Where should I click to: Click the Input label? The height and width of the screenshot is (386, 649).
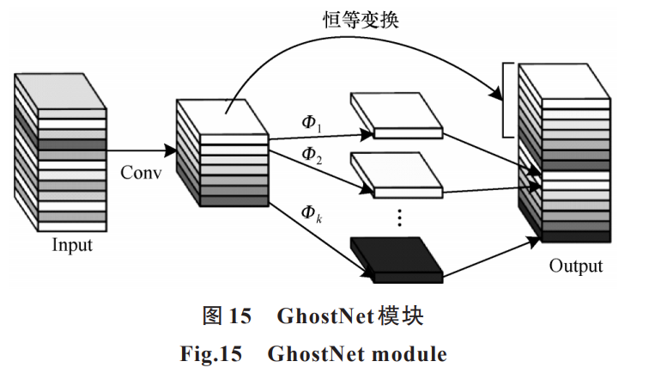pos(72,246)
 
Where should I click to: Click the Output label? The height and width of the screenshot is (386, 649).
pos(576,266)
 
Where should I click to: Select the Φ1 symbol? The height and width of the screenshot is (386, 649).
pos(310,122)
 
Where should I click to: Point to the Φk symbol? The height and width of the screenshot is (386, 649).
pos(310,212)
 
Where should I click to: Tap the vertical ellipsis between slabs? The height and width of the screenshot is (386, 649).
pos(399,215)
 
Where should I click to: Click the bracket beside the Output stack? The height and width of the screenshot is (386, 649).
pos(506,99)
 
